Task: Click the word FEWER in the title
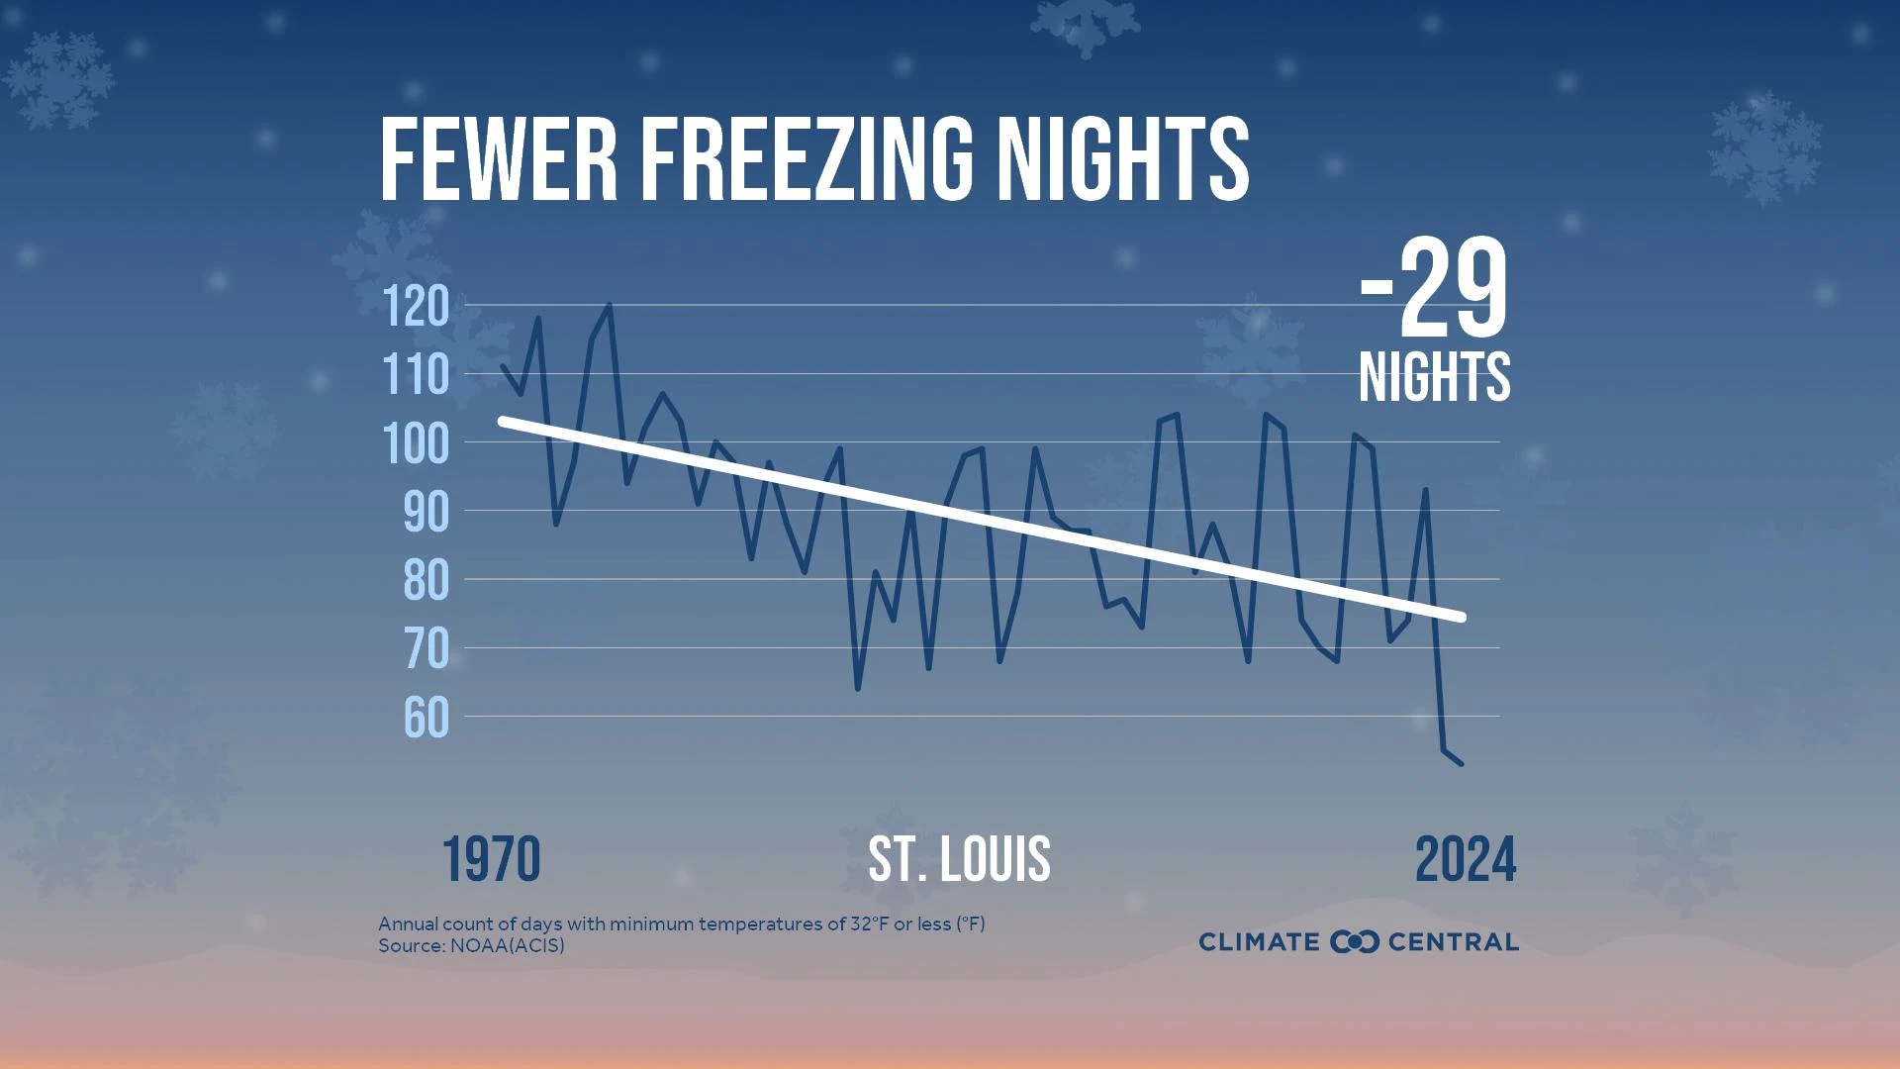tap(498, 159)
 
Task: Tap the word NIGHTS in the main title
tap(1122, 159)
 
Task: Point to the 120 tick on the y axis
tap(417, 307)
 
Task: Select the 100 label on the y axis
tap(417, 444)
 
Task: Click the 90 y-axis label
tap(427, 513)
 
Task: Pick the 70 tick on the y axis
tap(427, 649)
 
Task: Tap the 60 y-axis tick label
tap(427, 719)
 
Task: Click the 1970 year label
tap(491, 859)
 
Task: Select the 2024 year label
tap(1466, 859)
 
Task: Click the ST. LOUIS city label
tap(959, 859)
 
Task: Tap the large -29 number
tap(1434, 291)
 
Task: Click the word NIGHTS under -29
tap(1434, 377)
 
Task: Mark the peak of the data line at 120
tap(610, 306)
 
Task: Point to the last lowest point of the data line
tap(1461, 763)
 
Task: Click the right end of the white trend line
tap(1461, 617)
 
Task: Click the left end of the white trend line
tap(503, 421)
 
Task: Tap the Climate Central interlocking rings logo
tap(1354, 941)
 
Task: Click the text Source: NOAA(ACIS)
tap(471, 945)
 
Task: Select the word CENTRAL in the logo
tap(1453, 941)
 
